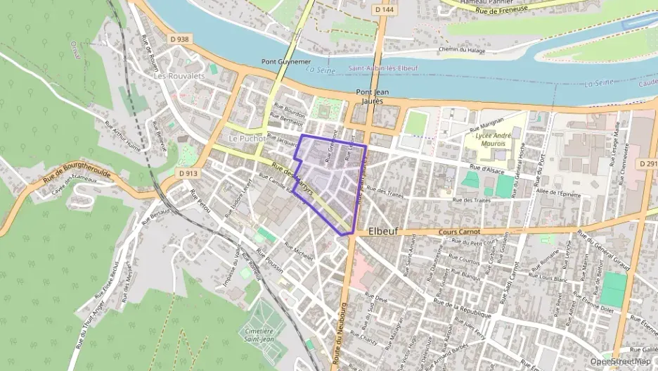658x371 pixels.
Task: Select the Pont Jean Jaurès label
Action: tap(373, 96)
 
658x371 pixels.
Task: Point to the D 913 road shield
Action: tap(188, 172)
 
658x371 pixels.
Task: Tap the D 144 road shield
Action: tap(383, 9)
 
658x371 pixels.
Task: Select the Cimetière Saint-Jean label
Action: tap(259, 334)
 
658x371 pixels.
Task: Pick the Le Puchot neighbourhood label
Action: tap(245, 139)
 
